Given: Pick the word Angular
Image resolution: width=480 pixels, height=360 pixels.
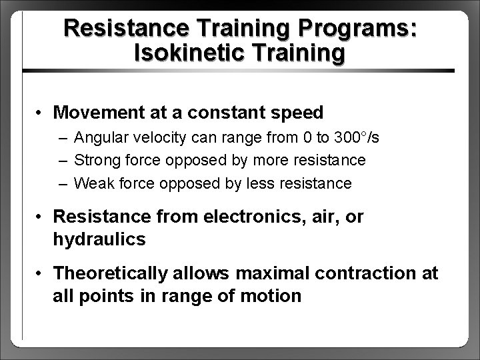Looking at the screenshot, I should click(99, 138).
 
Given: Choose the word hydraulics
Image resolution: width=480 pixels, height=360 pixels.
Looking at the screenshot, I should click(99, 239).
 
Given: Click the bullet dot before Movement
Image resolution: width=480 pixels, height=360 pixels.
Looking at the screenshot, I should click(41, 112).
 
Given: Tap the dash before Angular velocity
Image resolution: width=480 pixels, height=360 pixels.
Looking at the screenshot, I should click(62, 138).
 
